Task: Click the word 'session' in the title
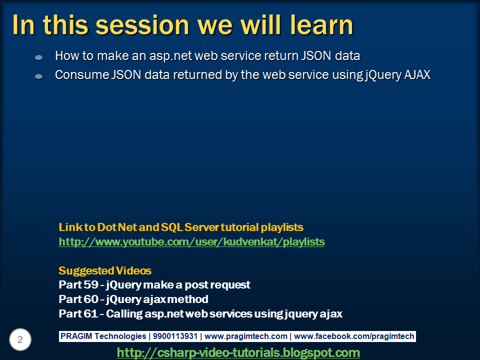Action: coord(142,25)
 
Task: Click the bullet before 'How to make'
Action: coord(39,57)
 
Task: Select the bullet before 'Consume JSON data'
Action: coord(39,76)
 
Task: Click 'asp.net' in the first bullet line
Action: coord(170,56)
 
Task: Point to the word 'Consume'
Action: coord(82,74)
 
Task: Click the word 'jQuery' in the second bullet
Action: coord(383,75)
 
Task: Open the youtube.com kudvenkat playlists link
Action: coord(191,242)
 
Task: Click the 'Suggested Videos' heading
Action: coord(105,270)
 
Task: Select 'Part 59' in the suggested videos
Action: coord(78,284)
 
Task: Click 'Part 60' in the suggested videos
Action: coord(78,299)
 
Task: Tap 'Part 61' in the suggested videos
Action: coord(78,313)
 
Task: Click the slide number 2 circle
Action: coord(20,339)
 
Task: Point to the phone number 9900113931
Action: coord(175,336)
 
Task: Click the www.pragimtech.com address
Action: coord(246,336)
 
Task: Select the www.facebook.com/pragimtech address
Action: coord(354,336)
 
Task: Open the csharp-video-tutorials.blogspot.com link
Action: coord(238,352)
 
